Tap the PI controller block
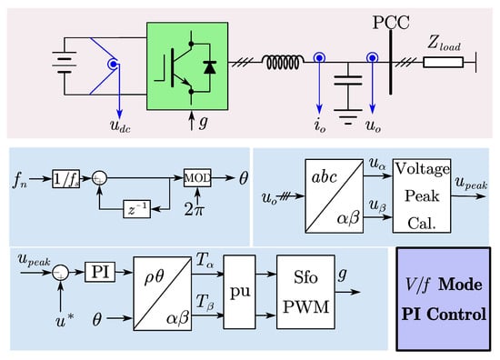(98, 270)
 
